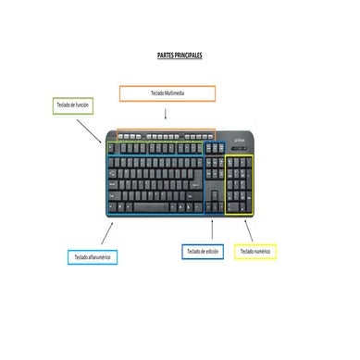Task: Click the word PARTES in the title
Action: pyautogui.click(x=168, y=56)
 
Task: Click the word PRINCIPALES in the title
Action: pyautogui.click(x=189, y=56)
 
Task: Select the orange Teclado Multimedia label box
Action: pyautogui.click(x=167, y=93)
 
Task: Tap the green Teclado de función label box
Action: pyautogui.click(x=75, y=106)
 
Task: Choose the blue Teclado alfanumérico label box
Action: pyautogui.click(x=92, y=255)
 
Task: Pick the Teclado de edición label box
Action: pyautogui.click(x=203, y=251)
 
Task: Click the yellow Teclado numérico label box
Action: pyautogui.click(x=257, y=251)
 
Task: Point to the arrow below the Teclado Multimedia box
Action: pyautogui.click(x=166, y=116)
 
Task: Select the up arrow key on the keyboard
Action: pyautogui.click(x=212, y=197)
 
